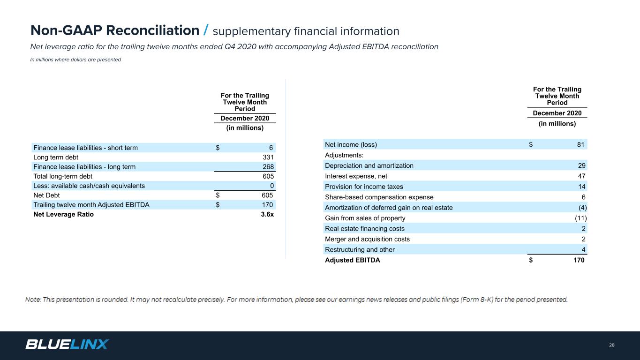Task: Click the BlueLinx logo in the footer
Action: (67, 345)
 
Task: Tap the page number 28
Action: (612, 345)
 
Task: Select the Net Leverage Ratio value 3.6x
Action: (267, 214)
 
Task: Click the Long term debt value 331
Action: (268, 157)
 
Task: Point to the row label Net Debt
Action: (46, 195)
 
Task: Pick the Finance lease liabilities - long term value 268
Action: (268, 166)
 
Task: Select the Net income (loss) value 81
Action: (580, 144)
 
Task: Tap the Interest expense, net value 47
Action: (581, 176)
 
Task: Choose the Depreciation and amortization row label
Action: (369, 165)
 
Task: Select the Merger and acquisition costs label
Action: (367, 239)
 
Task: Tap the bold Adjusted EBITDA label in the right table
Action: (353, 260)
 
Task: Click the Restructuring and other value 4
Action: (583, 249)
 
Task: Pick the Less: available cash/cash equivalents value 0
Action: (272, 186)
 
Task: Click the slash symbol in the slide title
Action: (206, 30)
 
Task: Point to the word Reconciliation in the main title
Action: (153, 30)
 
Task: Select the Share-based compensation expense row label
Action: (379, 197)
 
